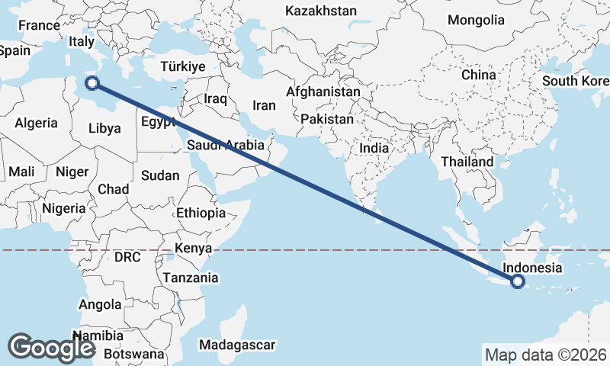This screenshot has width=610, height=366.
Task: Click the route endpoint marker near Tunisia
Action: point(93,84)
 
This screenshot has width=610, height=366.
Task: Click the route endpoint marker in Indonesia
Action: point(518,281)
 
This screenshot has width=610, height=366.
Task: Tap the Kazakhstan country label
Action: point(321,11)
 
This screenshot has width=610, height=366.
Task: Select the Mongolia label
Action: point(477,20)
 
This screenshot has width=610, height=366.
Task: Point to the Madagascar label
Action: point(236,345)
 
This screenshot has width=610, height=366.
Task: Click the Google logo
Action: point(51,347)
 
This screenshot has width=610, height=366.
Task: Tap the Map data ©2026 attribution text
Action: point(546,355)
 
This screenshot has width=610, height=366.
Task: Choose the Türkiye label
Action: point(183,67)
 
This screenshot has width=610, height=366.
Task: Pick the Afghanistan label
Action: point(323,91)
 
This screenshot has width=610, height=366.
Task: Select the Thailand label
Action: point(467,162)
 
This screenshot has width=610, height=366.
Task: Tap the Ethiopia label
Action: point(201,213)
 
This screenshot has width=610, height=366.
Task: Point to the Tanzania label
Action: point(190,278)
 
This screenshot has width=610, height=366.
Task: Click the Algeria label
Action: point(37,123)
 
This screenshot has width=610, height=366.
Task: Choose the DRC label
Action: point(127,257)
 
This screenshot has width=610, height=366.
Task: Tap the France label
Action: point(39,25)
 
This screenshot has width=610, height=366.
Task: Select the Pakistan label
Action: point(327,119)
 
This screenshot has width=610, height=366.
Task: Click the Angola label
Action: point(100,304)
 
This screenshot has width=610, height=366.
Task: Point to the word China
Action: point(478,75)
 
